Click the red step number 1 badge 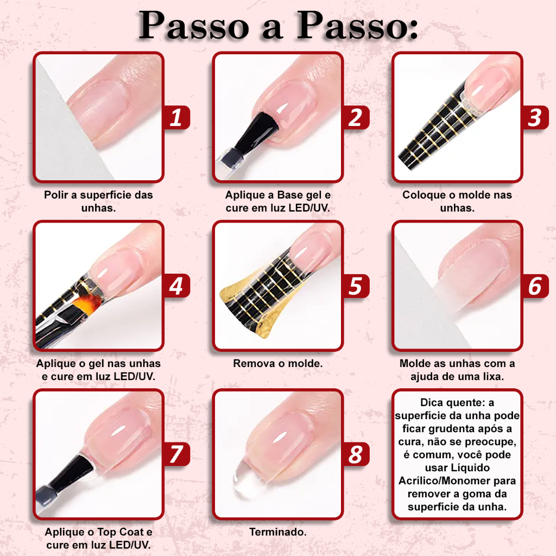(176, 117)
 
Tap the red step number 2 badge (356, 117)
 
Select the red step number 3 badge (535, 117)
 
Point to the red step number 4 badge (176, 286)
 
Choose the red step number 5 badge (356, 286)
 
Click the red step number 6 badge (535, 286)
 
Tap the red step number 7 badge (176, 454)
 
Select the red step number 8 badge (356, 454)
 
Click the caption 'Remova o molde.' (277, 363)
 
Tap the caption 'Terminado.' (277, 532)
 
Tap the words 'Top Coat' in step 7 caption (120, 532)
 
